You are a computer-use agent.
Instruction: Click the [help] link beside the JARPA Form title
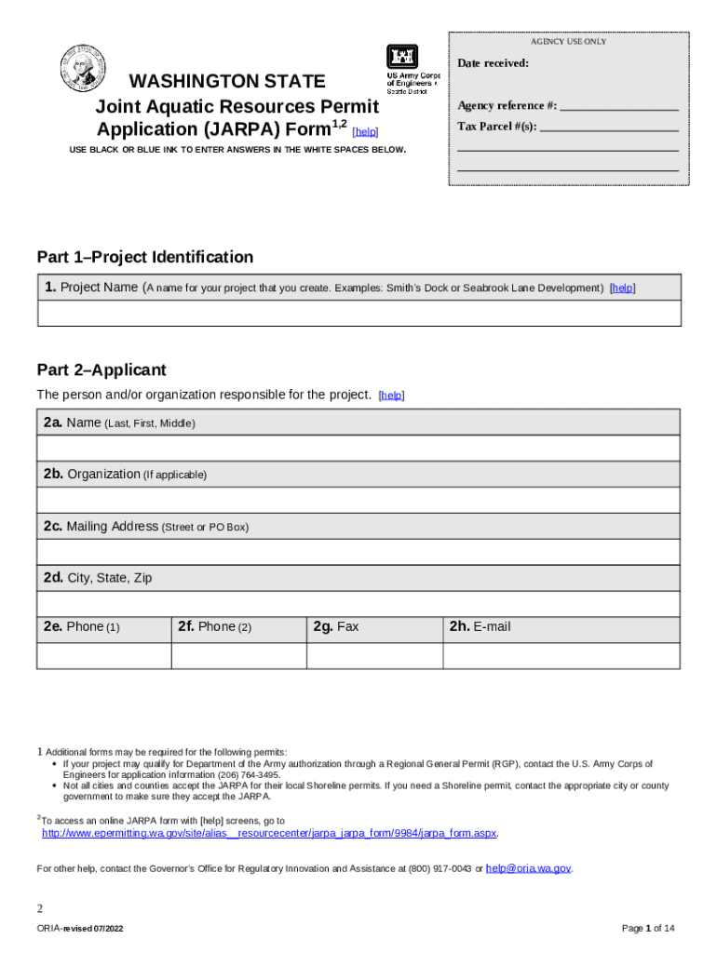pos(366,132)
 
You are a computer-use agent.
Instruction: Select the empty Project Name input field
pos(358,314)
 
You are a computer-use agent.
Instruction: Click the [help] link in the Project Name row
pos(622,289)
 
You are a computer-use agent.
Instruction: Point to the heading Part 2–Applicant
pos(101,369)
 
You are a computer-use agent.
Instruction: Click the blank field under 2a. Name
pos(358,449)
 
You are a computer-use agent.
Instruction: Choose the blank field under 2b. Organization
pos(358,501)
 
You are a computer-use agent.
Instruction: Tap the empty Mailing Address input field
pos(358,553)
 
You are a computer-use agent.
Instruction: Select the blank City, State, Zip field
pos(358,604)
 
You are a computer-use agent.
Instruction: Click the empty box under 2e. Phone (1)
pos(103,655)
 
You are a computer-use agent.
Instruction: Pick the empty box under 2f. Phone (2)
pos(238,655)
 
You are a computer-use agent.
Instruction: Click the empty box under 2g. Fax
pos(374,655)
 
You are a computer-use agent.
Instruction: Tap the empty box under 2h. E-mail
pos(561,655)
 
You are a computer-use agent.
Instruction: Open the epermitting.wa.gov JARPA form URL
pos(270,834)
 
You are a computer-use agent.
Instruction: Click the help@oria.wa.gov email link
pos(528,868)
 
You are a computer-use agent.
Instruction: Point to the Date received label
pos(493,63)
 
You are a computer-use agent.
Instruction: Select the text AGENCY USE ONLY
pos(568,42)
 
